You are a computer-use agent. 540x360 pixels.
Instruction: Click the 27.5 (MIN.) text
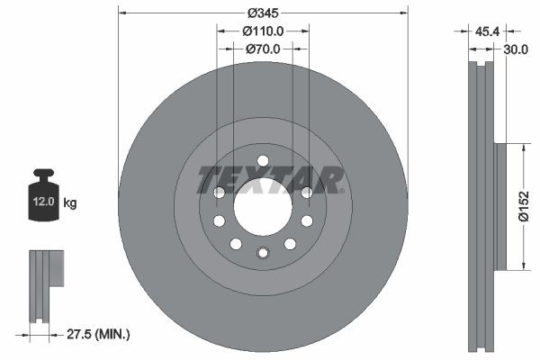point(100,335)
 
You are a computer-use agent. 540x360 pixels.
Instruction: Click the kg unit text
point(70,203)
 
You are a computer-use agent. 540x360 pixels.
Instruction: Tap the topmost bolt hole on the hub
point(262,161)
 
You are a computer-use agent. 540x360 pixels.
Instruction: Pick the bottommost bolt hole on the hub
point(262,252)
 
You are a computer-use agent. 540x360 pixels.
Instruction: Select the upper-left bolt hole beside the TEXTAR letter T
point(218,192)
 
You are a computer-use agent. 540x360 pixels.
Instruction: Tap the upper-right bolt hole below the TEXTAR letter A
point(306,192)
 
